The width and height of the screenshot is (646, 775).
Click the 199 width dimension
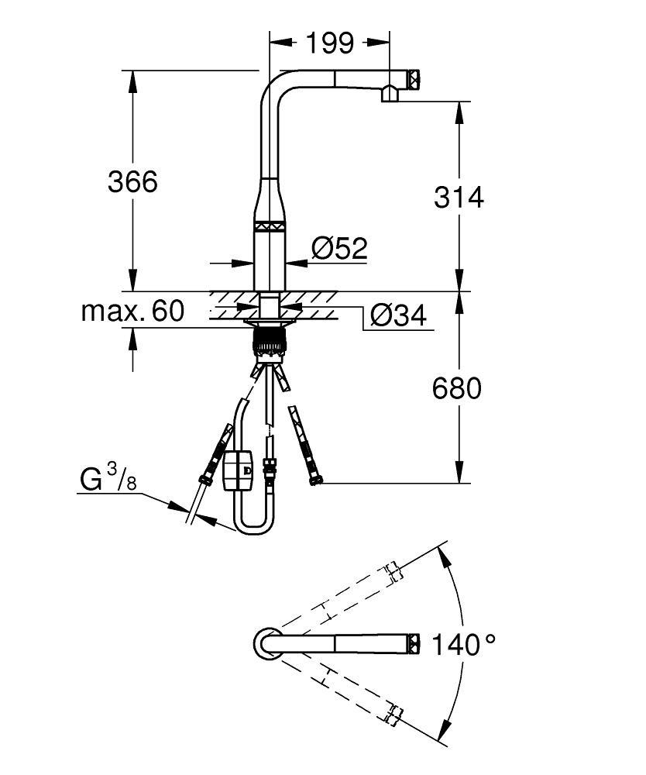[329, 43]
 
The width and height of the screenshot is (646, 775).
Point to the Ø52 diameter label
[339, 248]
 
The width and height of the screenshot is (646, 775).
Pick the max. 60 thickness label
[133, 312]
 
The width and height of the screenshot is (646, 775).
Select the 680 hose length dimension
[457, 387]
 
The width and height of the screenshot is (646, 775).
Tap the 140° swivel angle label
[463, 643]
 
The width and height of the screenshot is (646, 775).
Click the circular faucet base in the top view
[266, 642]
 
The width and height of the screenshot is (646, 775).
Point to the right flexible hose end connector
[314, 480]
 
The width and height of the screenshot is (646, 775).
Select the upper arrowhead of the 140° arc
[442, 553]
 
